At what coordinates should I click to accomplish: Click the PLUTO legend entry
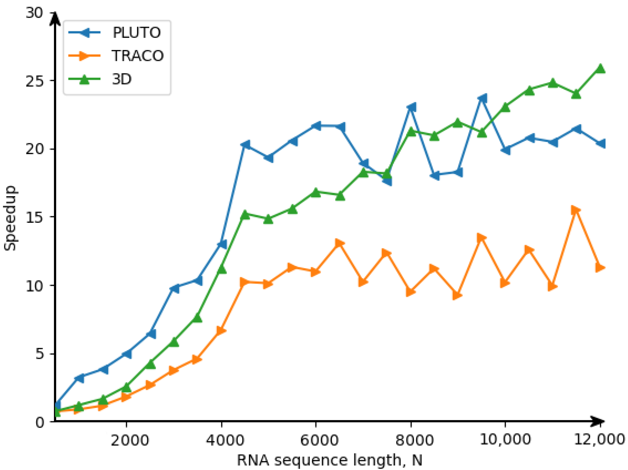point(136,33)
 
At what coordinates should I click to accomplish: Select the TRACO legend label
point(137,56)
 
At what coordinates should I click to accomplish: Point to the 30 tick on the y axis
point(34,13)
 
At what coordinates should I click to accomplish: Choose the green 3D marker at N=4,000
point(222,269)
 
